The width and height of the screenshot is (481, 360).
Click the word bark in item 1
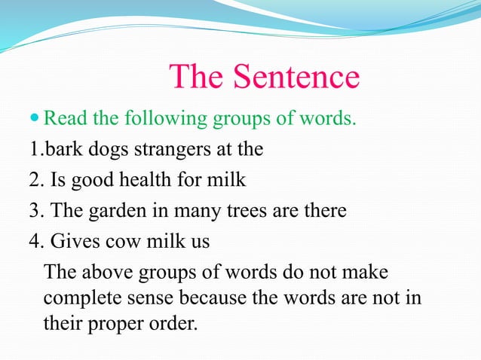62,148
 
